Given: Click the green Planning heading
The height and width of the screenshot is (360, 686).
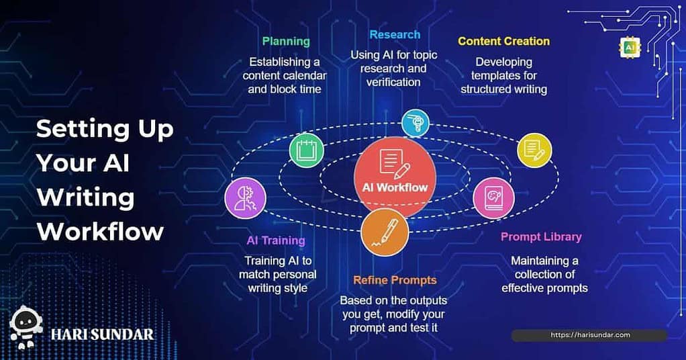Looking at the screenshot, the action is coord(286,42).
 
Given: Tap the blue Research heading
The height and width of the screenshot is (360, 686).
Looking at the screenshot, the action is coord(395,35).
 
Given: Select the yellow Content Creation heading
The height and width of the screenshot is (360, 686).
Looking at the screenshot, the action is coord(503,41).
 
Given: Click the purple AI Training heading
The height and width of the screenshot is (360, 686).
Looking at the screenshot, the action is coord(276,240).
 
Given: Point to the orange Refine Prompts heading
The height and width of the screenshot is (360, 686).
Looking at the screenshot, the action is coord(395,280).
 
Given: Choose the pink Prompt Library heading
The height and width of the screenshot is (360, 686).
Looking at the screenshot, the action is coord(541,237).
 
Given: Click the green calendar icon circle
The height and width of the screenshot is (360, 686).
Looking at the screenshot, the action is coord(307,150).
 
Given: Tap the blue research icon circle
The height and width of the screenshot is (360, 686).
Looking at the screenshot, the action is coord(415,123).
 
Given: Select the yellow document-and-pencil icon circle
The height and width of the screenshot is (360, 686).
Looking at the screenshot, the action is coord(534,150).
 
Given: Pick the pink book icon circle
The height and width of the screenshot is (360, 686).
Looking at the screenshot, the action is coord(493,198).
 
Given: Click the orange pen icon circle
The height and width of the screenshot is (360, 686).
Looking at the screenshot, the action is coord(385,232).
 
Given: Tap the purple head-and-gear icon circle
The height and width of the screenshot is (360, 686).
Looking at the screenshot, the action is coord(245,198).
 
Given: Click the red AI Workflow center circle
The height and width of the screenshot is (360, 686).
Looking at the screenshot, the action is coord(395,177).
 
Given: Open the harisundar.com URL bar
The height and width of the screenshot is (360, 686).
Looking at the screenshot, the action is coord(590,335).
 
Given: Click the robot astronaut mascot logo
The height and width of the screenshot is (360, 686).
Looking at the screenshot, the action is coord(26,327).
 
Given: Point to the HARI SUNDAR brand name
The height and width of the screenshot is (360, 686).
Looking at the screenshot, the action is coord(103,335).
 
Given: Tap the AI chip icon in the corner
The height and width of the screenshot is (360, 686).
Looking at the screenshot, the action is coord(630,48).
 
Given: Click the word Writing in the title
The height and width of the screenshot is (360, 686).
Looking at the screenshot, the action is coord(85,197).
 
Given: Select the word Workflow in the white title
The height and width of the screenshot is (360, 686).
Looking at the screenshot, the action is coord(100,231).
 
